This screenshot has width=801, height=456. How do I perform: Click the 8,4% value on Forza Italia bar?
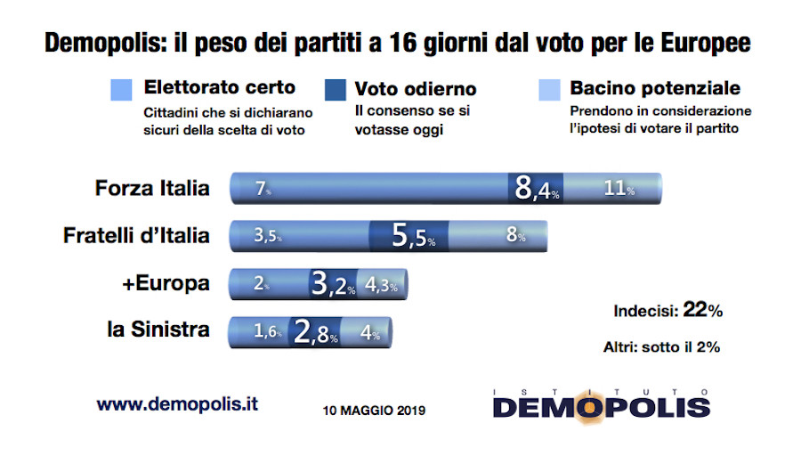coord(538,189)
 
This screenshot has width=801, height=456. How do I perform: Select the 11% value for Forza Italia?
coord(618,190)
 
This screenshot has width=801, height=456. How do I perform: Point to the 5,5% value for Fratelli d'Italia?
coord(414,237)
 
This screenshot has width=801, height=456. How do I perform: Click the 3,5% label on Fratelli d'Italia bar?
coord(267,237)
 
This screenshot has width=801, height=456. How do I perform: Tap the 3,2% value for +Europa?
coord(333,285)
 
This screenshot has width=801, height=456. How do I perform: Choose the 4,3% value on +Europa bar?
coord(382,286)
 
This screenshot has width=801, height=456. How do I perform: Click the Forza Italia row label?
coord(152,188)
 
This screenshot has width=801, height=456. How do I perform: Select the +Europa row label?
coord(167,283)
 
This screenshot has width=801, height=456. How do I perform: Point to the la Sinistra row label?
coord(158,330)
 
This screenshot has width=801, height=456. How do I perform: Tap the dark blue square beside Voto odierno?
coord(336,90)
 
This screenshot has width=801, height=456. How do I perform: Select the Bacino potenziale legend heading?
coord(655,89)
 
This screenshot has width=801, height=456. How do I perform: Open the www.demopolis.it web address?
coord(177,403)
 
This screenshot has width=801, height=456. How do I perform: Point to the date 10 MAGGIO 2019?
coord(374,411)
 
